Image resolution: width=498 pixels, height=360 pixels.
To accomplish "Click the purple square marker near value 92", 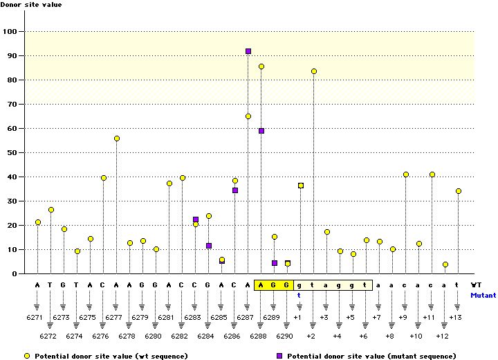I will coord(248,51).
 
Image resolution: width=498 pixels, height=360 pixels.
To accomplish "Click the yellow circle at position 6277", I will coord(117,138).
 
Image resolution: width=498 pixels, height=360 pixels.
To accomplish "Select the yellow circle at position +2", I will coord(314,71).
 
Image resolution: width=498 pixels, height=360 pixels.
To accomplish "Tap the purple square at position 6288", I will coord(261,131).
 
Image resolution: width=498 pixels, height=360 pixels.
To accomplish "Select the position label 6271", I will coord(37,316).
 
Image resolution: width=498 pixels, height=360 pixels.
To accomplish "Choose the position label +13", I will coord(456,316).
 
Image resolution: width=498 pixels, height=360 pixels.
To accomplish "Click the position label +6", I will coord(364,335).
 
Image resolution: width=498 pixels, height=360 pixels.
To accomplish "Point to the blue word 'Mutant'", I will coord(483,294).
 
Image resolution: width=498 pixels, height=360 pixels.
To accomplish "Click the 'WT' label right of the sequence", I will coord(477,284).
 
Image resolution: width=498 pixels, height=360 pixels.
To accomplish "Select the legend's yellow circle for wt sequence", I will coord(27,356).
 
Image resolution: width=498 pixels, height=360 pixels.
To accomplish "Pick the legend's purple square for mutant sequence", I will coord(281,356).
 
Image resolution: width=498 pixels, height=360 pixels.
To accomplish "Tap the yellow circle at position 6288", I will coord(261,66).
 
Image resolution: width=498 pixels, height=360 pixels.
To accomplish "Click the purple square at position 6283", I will coord(196,219).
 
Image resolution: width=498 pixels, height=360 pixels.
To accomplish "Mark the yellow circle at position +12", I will coord(445,264).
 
